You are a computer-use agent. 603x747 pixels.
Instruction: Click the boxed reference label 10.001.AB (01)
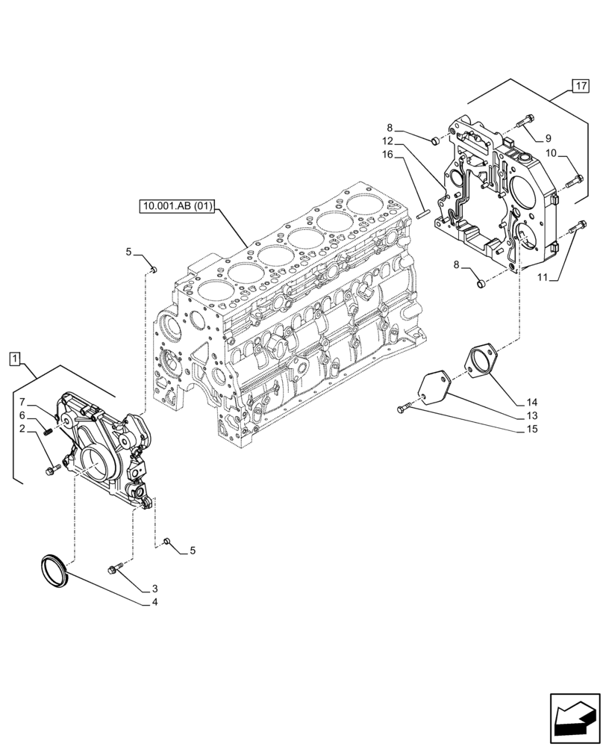pos(176,206)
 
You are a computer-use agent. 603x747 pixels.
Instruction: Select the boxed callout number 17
pos(581,85)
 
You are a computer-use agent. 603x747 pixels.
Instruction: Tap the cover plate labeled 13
pos(432,386)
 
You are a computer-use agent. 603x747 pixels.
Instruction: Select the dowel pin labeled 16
pos(422,213)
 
